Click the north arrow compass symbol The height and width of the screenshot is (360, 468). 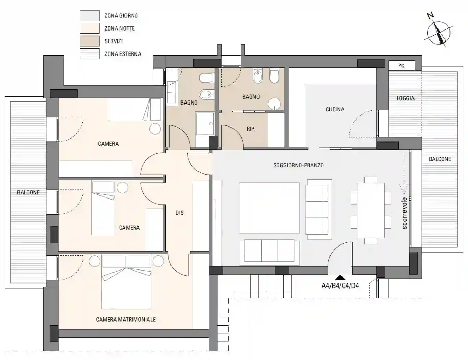pyautogui.click(x=439, y=33)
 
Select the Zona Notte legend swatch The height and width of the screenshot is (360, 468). pyautogui.click(x=89, y=28)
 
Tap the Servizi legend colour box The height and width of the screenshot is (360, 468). pyautogui.click(x=89, y=41)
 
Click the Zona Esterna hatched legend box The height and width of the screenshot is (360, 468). pyautogui.click(x=89, y=53)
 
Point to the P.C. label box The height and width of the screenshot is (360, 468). pyautogui.click(x=402, y=65)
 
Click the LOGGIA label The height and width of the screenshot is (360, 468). pyautogui.click(x=406, y=98)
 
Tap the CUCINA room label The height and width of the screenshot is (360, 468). pyautogui.click(x=335, y=109)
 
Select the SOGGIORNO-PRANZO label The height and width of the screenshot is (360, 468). pyautogui.click(x=298, y=165)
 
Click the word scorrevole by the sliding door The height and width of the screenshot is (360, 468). pyautogui.click(x=405, y=213)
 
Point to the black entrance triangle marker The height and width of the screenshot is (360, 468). pyautogui.click(x=340, y=277)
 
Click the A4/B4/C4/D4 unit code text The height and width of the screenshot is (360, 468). pyautogui.click(x=340, y=286)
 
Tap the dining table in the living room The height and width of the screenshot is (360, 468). pyautogui.click(x=371, y=211)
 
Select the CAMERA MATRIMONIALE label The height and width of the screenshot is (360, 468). pyautogui.click(x=126, y=319)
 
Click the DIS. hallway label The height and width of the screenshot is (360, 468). pyautogui.click(x=180, y=213)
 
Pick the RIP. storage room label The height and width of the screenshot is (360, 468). pyautogui.click(x=251, y=129)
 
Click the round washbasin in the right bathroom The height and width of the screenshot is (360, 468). pyautogui.click(x=274, y=104)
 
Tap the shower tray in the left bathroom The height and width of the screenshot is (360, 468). pyautogui.click(x=205, y=123)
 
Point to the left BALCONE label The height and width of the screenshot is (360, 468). pyautogui.click(x=28, y=192)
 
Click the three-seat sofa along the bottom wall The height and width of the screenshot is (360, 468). pyautogui.click(x=269, y=253)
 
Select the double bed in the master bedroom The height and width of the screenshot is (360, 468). pyautogui.click(x=126, y=282)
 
